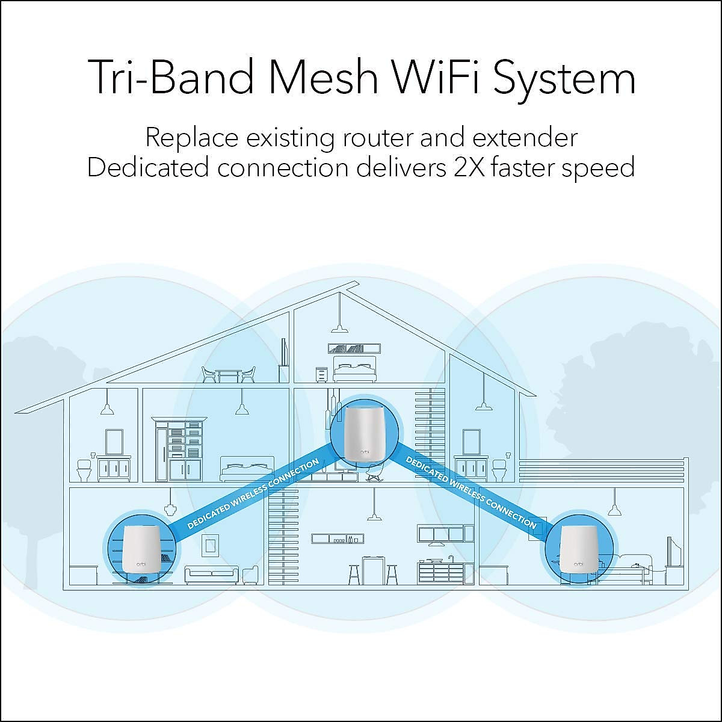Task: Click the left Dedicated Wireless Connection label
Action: coord(253,494)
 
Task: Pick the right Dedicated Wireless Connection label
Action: coord(471,492)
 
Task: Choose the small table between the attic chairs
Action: coord(229,375)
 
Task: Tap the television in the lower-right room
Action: coord(673,552)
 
